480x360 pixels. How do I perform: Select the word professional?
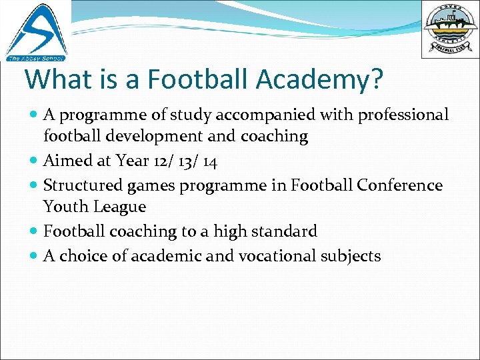coord(403,115)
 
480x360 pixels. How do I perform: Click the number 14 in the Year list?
coord(209,161)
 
